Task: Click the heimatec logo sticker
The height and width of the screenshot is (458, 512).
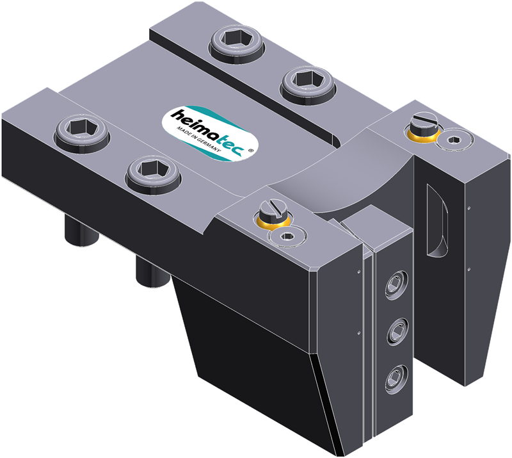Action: (x=210, y=133)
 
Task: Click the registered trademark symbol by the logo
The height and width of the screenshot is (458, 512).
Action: (x=250, y=151)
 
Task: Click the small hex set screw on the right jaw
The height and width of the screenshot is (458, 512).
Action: (x=454, y=140)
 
